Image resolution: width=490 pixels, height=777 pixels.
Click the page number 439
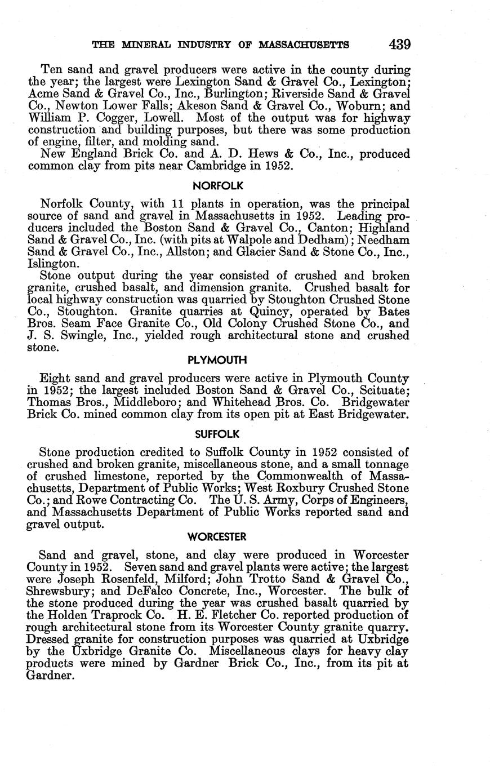[398, 44]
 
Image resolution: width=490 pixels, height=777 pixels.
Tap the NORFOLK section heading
[217, 185]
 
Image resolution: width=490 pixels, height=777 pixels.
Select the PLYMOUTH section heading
[217, 359]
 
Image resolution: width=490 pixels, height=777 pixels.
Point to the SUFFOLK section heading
[217, 434]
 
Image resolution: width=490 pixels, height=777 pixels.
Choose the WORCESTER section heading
[217, 536]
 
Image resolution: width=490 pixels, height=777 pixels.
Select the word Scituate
[384, 390]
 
